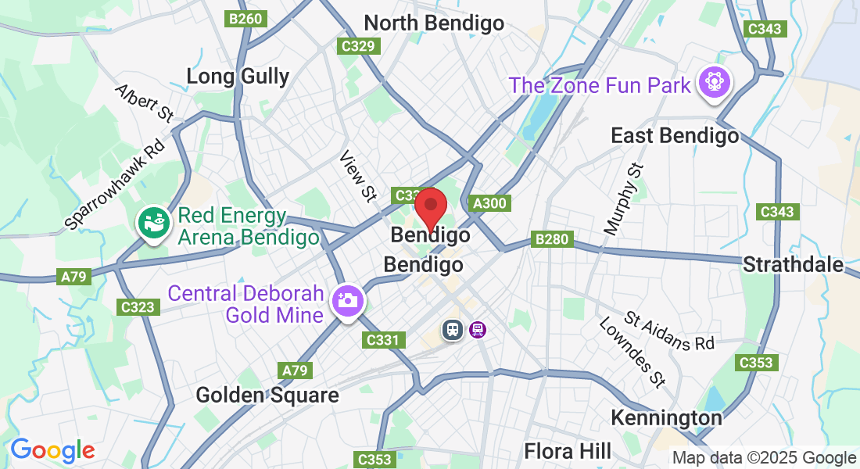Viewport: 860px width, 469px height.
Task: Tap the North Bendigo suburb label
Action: pyautogui.click(x=434, y=23)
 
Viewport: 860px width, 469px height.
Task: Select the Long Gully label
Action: pyautogui.click(x=238, y=76)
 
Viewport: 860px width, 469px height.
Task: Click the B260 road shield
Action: pyautogui.click(x=245, y=19)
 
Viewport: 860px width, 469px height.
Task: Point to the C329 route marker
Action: pyautogui.click(x=359, y=46)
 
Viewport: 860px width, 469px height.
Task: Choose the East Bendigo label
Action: pyautogui.click(x=674, y=136)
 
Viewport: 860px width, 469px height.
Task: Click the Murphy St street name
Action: pyautogui.click(x=624, y=199)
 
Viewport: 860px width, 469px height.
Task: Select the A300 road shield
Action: pyautogui.click(x=490, y=203)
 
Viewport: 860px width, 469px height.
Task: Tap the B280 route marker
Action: pyautogui.click(x=552, y=238)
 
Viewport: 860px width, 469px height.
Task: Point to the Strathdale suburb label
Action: pyautogui.click(x=793, y=264)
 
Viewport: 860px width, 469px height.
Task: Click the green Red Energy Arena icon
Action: pyautogui.click(x=152, y=222)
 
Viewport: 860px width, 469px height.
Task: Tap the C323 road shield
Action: pyautogui.click(x=138, y=307)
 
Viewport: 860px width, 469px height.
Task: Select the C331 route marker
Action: pyautogui.click(x=385, y=340)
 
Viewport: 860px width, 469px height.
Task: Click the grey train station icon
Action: pyautogui.click(x=452, y=329)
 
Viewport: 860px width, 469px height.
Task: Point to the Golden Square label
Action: pyautogui.click(x=267, y=395)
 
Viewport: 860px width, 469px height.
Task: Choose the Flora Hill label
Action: pyautogui.click(x=568, y=451)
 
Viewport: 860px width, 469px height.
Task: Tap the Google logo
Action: pyautogui.click(x=52, y=450)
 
